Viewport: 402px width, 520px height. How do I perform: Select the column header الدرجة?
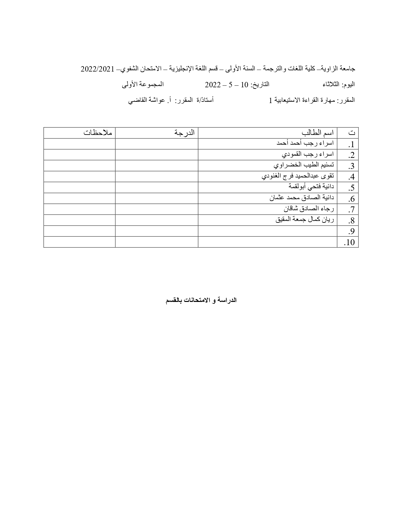(x=185, y=133)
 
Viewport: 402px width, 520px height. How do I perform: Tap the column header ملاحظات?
(x=98, y=133)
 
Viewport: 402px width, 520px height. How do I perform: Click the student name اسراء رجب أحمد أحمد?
(x=305, y=143)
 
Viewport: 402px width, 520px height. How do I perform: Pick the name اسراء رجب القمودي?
(x=307, y=154)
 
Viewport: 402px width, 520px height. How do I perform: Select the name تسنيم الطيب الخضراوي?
(x=304, y=165)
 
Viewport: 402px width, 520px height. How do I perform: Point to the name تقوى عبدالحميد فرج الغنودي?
(x=298, y=176)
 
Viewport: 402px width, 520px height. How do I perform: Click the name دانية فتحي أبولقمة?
(x=311, y=187)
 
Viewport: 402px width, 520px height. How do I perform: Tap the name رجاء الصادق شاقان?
(x=309, y=209)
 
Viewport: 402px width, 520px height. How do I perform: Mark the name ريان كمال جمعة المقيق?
(x=305, y=220)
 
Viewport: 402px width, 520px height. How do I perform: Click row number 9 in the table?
(x=351, y=232)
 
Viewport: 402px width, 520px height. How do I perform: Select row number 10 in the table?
(x=350, y=242)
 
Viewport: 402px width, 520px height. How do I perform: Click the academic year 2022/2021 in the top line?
(x=97, y=69)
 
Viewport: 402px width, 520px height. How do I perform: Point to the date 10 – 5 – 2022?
(x=226, y=85)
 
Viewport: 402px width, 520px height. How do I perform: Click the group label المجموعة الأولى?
(x=143, y=84)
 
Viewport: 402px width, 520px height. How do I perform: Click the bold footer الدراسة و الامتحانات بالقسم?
(x=201, y=300)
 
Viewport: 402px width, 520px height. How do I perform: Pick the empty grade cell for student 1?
(x=157, y=144)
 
